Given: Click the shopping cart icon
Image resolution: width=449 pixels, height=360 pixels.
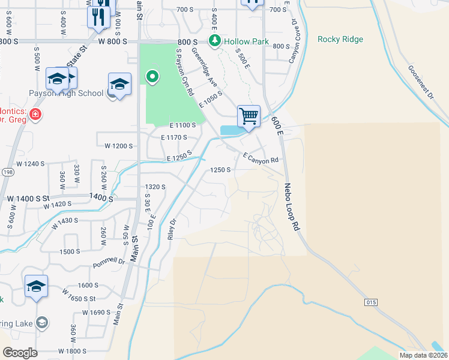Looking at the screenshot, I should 249,115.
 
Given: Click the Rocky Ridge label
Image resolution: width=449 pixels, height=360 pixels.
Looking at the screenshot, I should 340,39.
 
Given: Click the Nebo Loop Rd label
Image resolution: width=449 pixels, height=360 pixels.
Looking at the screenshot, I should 291,208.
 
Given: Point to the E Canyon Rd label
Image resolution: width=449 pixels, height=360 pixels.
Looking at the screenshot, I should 261,157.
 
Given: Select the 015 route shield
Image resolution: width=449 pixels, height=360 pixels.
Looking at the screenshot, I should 370,302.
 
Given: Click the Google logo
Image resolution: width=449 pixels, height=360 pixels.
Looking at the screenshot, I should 20,353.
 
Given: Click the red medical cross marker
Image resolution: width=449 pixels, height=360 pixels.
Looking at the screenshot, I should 35,114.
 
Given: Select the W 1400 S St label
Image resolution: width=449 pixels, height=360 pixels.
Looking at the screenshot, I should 26,197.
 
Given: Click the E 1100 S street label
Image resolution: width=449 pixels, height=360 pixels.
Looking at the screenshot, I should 183,125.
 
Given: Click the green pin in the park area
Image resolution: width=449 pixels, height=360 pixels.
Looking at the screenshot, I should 152,77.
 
